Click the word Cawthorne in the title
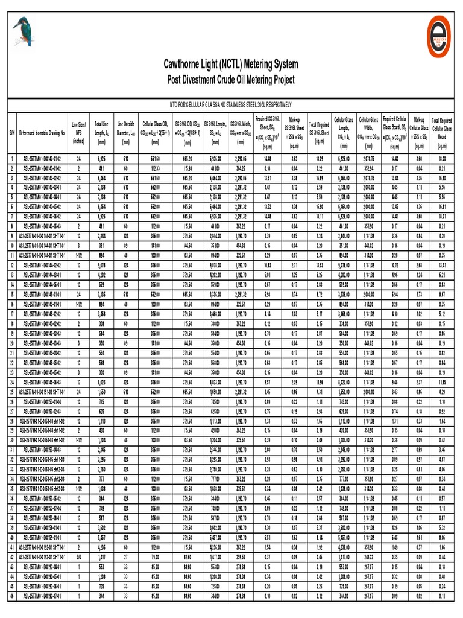pyautogui.click(x=187, y=64)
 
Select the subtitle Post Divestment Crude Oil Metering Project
pyautogui.click(x=231, y=80)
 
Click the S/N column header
pyautogui.click(x=11, y=132)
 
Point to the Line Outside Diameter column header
pyautogui.click(x=126, y=132)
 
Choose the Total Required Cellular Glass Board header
pyautogui.click(x=442, y=132)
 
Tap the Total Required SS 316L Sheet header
pyautogui.click(x=320, y=132)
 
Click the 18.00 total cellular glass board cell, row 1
pyautogui.click(x=442, y=159)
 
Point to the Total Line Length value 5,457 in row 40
pyautogui.click(x=101, y=537)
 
